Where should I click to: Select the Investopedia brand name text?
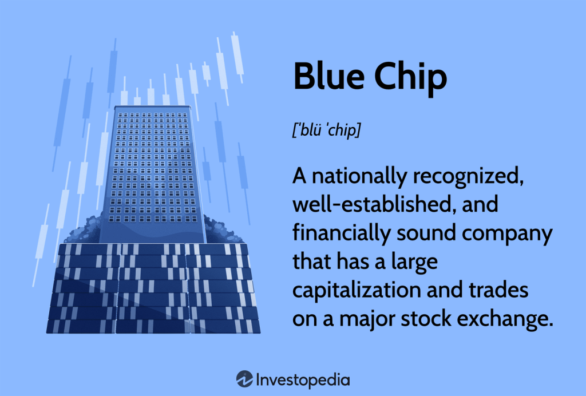[x=303, y=379]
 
